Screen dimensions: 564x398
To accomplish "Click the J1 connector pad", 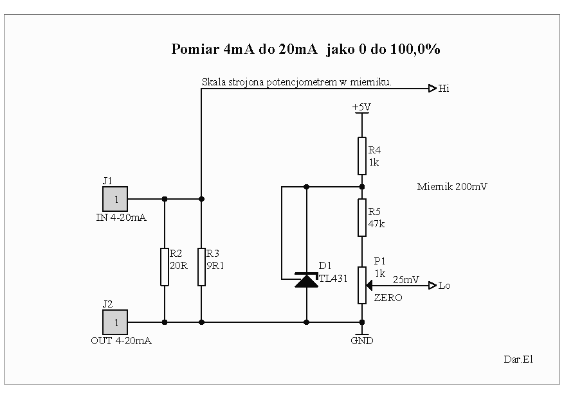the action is coord(115,199).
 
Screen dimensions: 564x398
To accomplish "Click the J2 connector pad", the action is coord(115,322).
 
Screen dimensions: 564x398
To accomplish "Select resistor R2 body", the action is coord(165,266).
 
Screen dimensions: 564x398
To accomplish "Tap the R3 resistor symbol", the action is coord(201,266).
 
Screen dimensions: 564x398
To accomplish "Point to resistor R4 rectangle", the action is coord(362,156).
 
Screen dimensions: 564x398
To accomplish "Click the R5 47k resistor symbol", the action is coord(362,218).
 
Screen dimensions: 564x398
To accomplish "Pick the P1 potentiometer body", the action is coord(362,285).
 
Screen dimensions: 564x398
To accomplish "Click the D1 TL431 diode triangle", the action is coord(307,281).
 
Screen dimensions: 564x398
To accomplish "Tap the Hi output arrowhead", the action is coord(432,89).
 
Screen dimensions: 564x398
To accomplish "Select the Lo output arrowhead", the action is coord(432,286).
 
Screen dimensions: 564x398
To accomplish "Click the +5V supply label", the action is coord(361,107).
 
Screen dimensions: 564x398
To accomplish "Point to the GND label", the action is coord(362,341).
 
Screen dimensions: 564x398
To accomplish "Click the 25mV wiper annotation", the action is coord(406,280).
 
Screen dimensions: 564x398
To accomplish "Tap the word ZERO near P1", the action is coord(388,297).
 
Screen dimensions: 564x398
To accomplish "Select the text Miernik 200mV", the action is coord(452,187).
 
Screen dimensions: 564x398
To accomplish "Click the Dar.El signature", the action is coord(518,359).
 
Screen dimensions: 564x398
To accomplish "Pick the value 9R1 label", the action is coord(215,266).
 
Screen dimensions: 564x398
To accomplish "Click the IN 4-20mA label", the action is coord(121,218).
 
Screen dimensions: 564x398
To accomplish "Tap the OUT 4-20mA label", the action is coord(121,341).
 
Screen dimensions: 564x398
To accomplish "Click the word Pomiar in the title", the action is coord(195,49).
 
